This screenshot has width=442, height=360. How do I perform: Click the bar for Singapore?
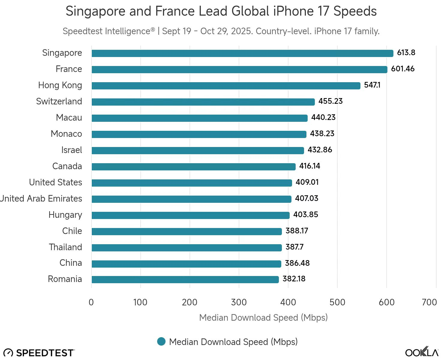[x=242, y=53]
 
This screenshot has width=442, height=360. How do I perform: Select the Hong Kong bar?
[x=226, y=86]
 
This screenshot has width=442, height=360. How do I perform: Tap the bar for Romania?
[x=185, y=280]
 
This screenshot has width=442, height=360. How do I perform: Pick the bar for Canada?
[x=193, y=167]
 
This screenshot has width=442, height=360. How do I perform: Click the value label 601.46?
[x=403, y=69]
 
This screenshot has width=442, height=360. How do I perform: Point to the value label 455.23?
[x=330, y=101]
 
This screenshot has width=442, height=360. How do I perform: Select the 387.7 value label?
[x=294, y=247]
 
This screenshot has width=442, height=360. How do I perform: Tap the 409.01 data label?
[x=307, y=182]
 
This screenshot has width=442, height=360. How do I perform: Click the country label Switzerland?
[x=59, y=101]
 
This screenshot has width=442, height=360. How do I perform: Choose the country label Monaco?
[x=66, y=134]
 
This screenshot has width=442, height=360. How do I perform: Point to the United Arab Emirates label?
[x=41, y=199]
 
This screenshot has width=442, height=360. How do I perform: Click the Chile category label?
[x=72, y=231]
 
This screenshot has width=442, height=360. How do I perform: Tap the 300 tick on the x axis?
[x=239, y=302]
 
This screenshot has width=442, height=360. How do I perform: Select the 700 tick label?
[x=429, y=302]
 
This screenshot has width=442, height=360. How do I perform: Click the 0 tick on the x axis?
[x=91, y=302]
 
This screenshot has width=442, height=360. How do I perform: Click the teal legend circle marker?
[x=161, y=342]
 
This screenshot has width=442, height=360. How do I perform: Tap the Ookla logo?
[x=422, y=352]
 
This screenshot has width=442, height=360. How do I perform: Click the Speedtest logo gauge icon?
[x=8, y=353]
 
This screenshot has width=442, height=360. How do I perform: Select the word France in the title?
[x=175, y=11]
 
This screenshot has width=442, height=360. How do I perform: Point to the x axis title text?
[x=263, y=318]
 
